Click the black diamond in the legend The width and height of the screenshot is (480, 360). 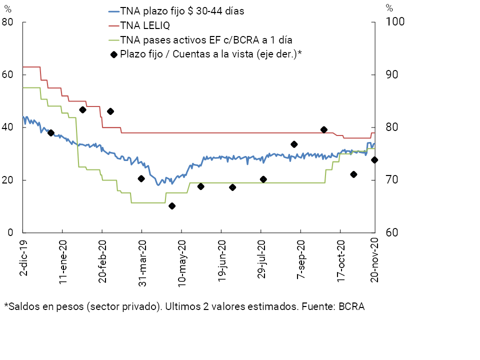pos(114,54)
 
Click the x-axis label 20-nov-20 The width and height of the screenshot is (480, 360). pos(373,260)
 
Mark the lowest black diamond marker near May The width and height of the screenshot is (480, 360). pos(172,206)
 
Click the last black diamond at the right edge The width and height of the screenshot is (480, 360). pos(374,160)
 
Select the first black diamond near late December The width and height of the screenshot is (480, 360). pos(50,132)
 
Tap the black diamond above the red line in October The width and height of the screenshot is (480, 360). pos(324,129)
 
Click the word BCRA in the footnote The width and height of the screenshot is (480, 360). pos(352,306)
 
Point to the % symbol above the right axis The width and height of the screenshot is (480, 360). pos(389,7)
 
